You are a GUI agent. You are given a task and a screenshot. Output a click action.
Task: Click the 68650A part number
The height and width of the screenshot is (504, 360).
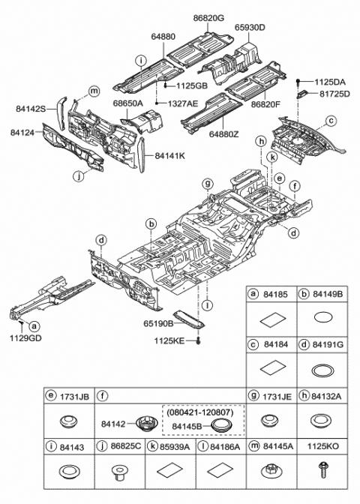coord(127,103)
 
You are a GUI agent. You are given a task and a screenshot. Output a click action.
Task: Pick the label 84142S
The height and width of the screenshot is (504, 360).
coord(31,109)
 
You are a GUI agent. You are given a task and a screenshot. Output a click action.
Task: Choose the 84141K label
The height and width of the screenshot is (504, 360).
coord(171,155)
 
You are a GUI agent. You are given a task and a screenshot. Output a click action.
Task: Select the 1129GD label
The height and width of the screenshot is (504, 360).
coord(25,338)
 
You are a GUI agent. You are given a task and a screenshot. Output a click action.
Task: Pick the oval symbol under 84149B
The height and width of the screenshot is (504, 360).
coord(323,316)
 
